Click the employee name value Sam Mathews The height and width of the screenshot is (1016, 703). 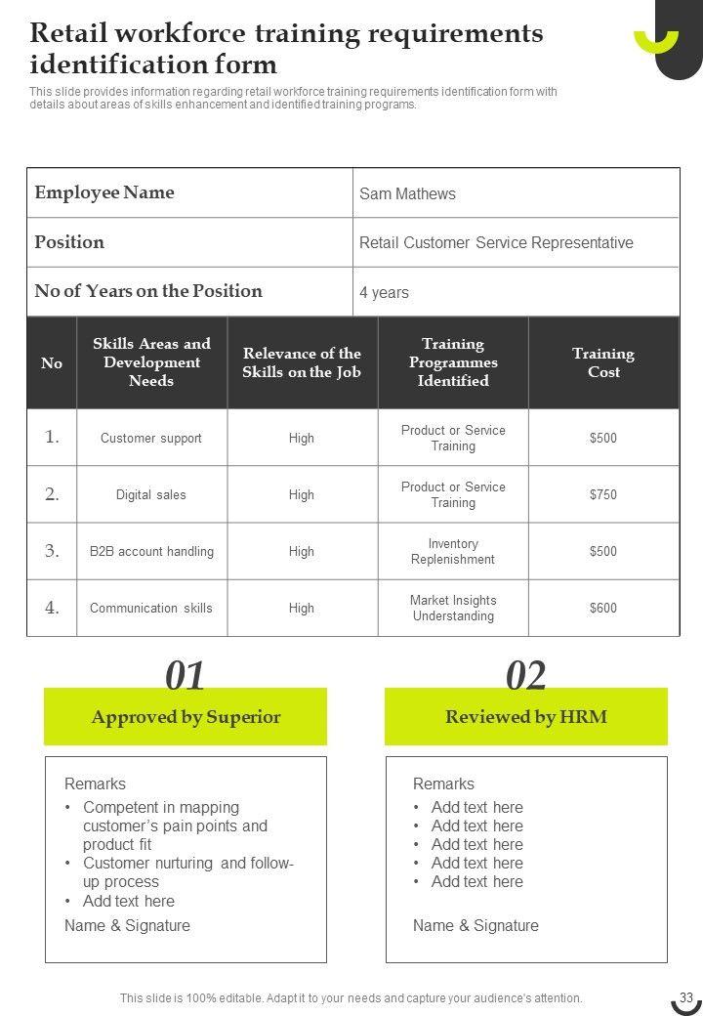407,193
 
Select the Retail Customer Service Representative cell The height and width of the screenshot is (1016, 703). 496,242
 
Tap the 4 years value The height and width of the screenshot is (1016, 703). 384,292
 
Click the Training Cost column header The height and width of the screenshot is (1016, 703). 603,362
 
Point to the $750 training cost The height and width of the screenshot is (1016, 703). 603,494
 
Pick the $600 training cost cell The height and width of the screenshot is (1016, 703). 603,608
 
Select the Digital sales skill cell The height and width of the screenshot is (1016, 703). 151,494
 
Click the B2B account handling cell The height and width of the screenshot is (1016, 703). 151,551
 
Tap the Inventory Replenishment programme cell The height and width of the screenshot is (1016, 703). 453,551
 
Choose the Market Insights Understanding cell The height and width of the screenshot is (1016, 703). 453,608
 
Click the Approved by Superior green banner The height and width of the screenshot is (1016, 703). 186,717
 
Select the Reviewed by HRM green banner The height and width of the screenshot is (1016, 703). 526,717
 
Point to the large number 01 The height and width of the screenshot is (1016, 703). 185,676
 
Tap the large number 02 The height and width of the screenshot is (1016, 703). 526,676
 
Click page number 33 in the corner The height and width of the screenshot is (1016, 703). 685,997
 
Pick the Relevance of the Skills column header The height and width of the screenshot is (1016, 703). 302,362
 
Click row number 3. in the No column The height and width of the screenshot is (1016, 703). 52,551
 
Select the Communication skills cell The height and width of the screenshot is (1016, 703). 151,608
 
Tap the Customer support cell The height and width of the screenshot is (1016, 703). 151,438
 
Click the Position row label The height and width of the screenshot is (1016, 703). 69,241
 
